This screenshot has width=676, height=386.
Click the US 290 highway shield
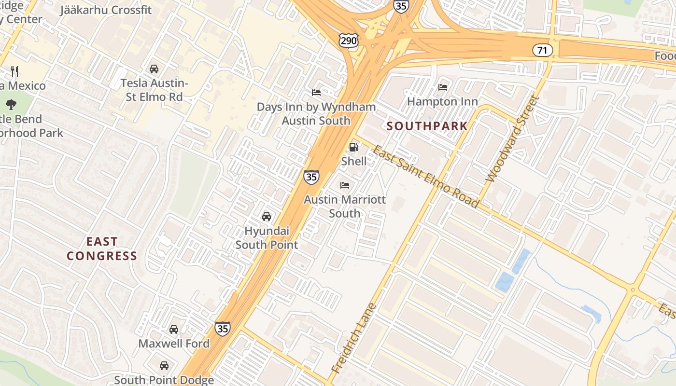(x=348, y=41)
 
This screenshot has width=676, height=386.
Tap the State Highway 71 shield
(x=543, y=50)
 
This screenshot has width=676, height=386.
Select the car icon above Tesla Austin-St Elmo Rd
(x=154, y=69)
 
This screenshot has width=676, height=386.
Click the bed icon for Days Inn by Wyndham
(x=316, y=93)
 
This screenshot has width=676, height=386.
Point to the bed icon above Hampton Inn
(x=442, y=87)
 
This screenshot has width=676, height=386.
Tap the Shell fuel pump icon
(x=354, y=147)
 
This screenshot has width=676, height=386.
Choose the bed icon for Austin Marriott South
(x=345, y=185)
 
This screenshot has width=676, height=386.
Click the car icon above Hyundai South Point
(x=267, y=217)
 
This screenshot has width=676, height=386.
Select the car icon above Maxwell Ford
(x=174, y=330)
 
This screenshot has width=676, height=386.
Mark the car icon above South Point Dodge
(x=164, y=366)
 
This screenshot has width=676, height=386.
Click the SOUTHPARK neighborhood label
(x=427, y=126)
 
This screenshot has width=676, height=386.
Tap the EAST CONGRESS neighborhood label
(x=102, y=248)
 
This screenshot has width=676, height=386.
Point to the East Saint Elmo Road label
(x=425, y=177)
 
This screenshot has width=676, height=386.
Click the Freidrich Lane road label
(x=353, y=338)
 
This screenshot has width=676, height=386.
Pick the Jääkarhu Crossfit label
(x=106, y=10)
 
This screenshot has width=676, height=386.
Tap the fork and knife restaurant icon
(x=14, y=71)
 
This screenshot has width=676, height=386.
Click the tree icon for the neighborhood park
(x=11, y=104)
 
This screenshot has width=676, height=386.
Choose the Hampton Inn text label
(x=442, y=101)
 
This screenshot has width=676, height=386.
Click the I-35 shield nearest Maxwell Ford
(x=223, y=329)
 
